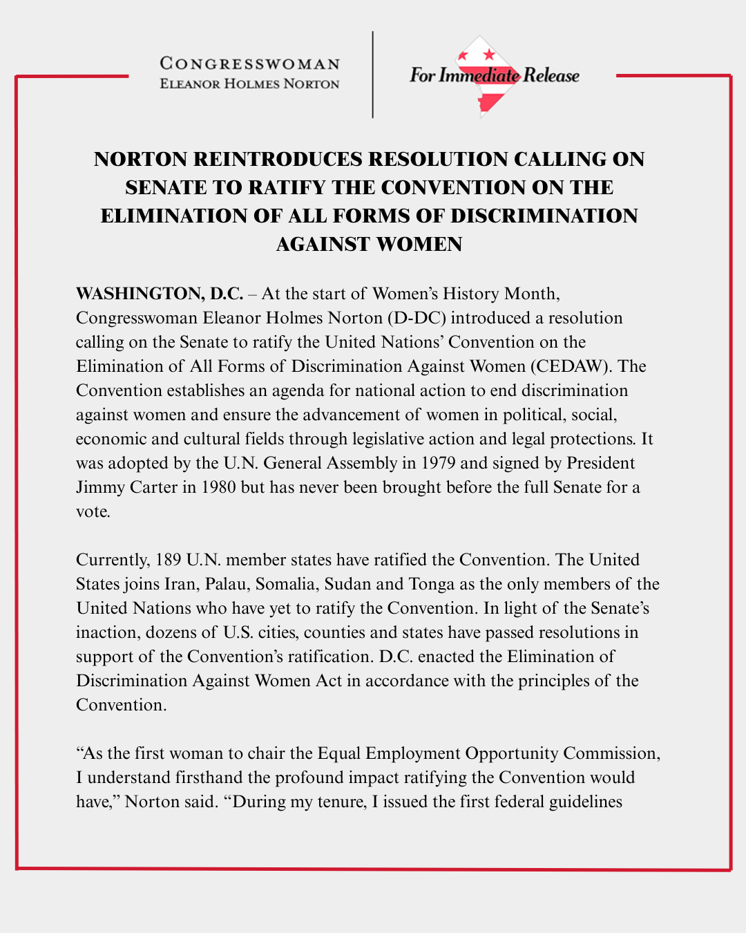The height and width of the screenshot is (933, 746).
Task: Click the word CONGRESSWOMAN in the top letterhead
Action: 249,64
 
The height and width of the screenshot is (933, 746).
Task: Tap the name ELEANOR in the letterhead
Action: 189,84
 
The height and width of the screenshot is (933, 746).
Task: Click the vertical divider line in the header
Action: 373,75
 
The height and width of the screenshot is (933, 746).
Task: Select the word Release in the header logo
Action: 551,75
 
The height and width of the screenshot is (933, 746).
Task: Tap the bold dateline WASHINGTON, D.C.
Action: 160,294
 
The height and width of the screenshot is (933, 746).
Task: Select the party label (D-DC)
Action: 416,318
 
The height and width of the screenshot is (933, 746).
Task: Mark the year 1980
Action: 218,487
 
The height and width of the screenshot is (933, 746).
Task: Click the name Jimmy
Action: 99,487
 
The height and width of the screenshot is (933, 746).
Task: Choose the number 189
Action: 169,560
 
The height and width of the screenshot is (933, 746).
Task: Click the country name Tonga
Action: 431,584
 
